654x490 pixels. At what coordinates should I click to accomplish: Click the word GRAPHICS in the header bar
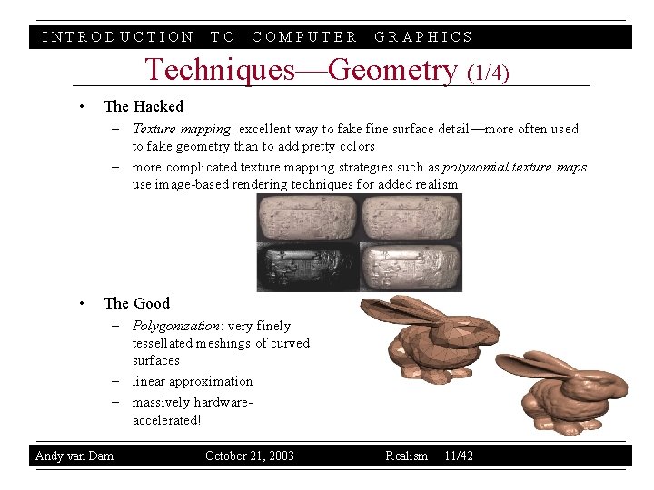click(423, 37)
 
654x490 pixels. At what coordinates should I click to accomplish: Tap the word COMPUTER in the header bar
click(304, 37)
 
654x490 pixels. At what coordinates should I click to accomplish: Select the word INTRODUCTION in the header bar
click(118, 37)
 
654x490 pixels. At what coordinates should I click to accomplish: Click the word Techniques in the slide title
click(220, 70)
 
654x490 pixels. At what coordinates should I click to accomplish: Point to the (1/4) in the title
click(487, 72)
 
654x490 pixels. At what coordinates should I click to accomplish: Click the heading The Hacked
click(144, 106)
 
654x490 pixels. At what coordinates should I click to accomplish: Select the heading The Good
click(137, 303)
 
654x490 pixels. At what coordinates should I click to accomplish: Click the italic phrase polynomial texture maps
click(514, 167)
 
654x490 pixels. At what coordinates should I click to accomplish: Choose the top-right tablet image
click(411, 217)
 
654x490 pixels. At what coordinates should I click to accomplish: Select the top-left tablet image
click(308, 217)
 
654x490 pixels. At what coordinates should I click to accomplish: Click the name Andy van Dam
click(74, 456)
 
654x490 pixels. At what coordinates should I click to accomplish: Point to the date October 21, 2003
click(250, 456)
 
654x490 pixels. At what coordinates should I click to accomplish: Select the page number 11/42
click(459, 456)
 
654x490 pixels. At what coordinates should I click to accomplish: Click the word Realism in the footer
click(406, 456)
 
